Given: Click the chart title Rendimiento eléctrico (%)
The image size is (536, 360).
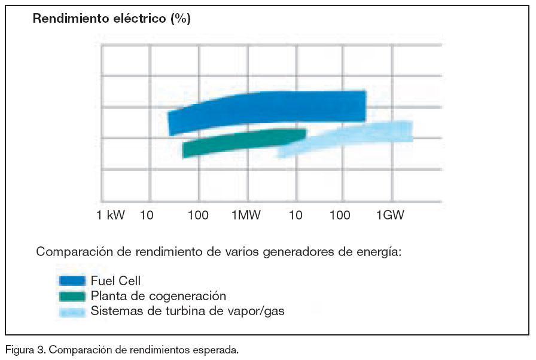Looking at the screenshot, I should click(x=111, y=19).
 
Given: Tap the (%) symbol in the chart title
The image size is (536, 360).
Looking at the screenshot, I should click(x=181, y=19).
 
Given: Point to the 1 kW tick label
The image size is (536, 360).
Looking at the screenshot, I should click(x=111, y=216).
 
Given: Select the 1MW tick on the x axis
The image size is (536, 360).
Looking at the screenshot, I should click(x=246, y=216).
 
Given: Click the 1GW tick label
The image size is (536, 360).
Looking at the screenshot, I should click(x=390, y=216).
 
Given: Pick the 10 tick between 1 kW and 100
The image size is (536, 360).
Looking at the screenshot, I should click(x=147, y=216).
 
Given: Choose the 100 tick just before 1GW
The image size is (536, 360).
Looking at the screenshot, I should click(x=341, y=216).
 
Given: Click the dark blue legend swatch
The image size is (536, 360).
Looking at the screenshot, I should click(x=72, y=280).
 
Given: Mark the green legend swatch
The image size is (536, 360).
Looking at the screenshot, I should click(x=72, y=295).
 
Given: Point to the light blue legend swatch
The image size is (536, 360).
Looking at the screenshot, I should click(x=72, y=311).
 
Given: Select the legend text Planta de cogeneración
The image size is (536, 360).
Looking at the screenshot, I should click(x=159, y=295).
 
